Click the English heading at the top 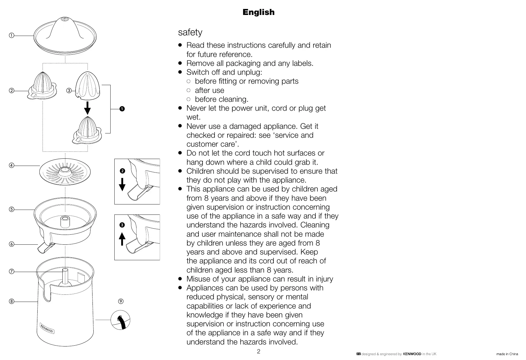pos(258,12)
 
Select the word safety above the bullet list pos(190,32)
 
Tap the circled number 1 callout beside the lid pos(11,36)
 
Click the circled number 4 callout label pos(11,166)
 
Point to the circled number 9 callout pos(121,301)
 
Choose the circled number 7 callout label pos(11,271)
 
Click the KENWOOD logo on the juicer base pos(47,329)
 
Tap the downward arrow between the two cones pos(88,108)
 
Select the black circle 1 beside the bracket pos(122,109)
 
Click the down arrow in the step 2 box pos(122,185)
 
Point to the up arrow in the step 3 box pos(122,239)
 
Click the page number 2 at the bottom pos(259,351)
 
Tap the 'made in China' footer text pos(507,354)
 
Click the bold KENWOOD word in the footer pos(412,354)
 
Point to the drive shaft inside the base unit pos(65,276)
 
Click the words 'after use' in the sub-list pos(209,90)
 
